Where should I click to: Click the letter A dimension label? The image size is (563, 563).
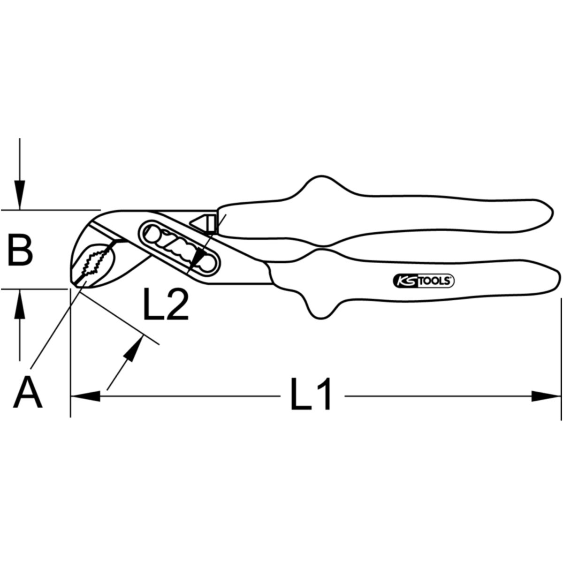[28, 392]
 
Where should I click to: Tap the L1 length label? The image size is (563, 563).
[311, 394]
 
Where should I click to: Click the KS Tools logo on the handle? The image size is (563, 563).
[423, 281]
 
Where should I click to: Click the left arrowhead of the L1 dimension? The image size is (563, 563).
[85, 396]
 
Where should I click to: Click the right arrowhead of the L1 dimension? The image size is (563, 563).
[546, 396]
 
